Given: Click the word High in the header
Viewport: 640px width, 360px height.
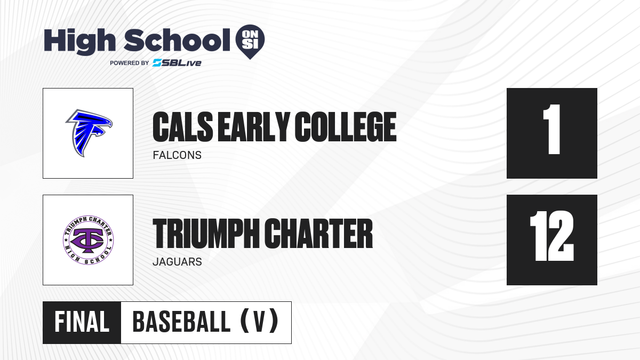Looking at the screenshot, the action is coord(79,41).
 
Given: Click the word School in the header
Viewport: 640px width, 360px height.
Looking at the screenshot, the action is coord(177,40).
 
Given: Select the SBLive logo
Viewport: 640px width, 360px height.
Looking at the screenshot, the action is coord(177,63).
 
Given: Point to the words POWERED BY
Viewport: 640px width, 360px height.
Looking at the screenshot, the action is coord(130,63).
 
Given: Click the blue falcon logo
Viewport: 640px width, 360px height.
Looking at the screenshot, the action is coord(89,133).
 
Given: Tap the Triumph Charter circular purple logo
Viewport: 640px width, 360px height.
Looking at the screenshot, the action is coord(89,240).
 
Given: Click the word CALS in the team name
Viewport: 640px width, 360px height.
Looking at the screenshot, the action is coord(183,127).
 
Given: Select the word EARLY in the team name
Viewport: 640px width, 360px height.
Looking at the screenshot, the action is coord(254,127).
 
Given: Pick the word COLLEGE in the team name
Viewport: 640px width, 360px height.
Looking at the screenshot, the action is coord(346,127).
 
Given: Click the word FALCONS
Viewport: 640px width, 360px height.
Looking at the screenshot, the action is coord(177,155).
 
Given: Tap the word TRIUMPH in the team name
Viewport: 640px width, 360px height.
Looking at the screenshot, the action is coord(206,234).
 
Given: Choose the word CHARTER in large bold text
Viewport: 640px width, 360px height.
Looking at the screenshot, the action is coord(318,234).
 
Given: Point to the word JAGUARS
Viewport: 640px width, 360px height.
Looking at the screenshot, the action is coord(177,262).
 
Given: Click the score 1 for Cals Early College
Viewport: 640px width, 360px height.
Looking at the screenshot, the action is coord(551,129).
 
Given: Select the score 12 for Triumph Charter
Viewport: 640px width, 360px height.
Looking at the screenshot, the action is coord(551,236).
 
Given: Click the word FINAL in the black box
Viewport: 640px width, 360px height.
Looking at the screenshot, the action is coord(82,322).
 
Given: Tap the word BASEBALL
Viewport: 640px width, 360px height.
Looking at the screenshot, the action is coord(181,322).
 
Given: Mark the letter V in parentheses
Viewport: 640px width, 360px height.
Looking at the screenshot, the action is coord(259,322).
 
